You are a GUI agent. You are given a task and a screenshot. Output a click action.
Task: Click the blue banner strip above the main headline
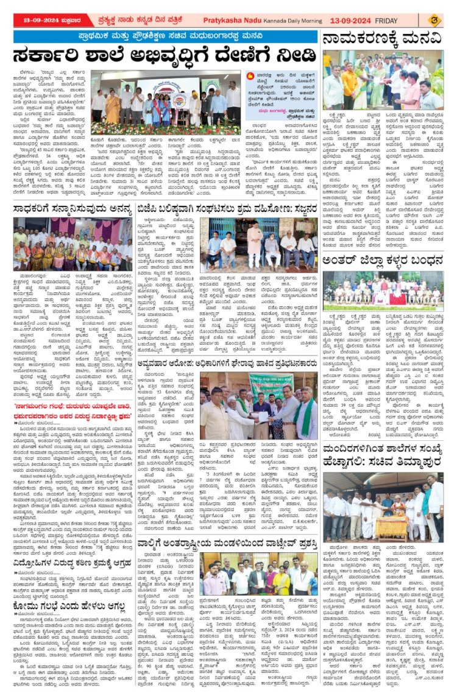click(166, 37)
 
